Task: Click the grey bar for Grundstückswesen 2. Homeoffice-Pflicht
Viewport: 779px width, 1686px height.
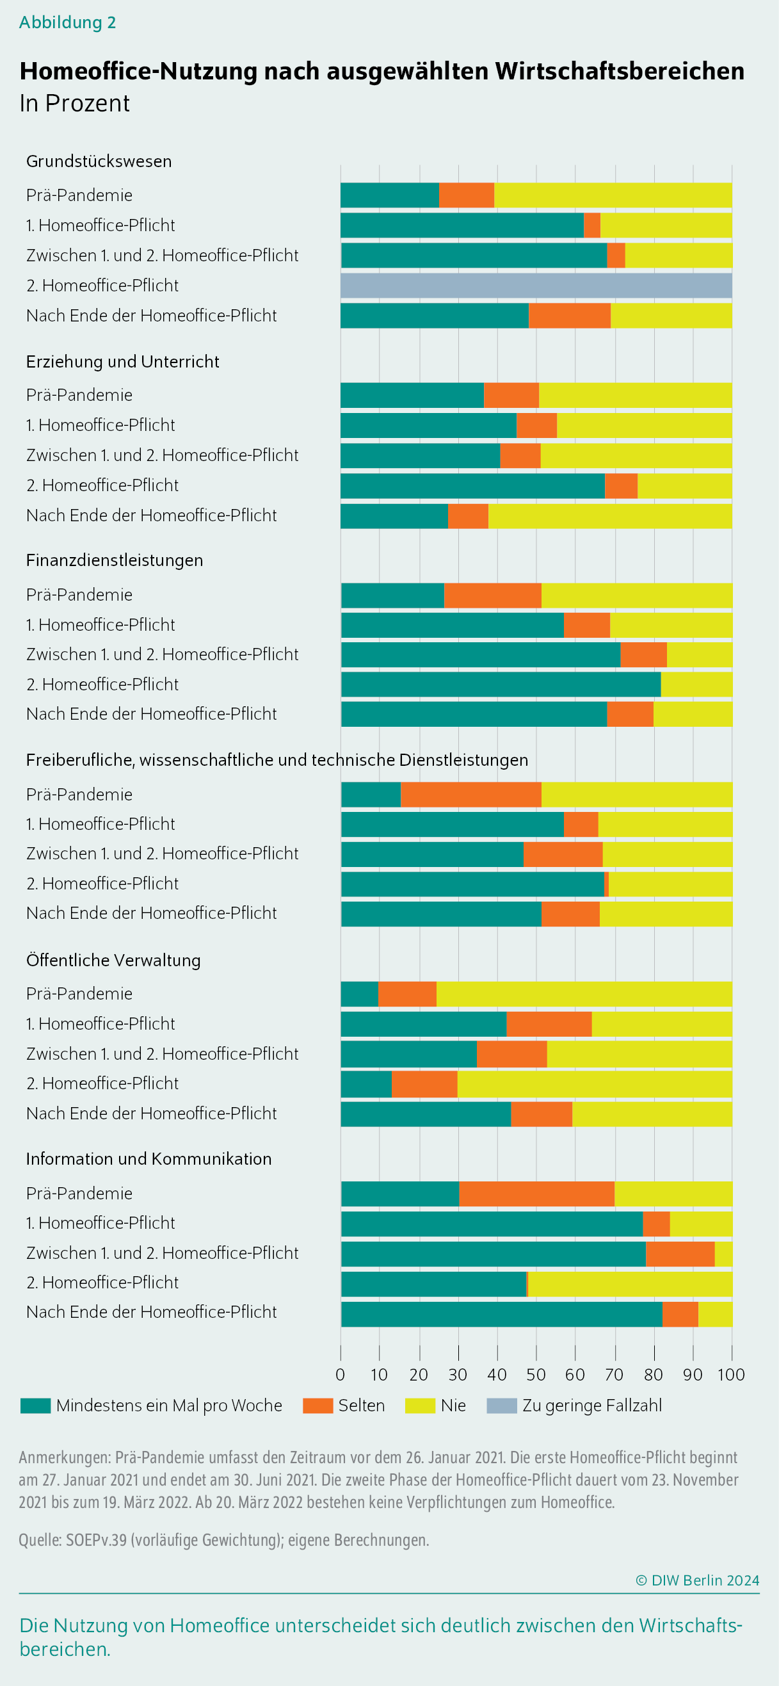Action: (536, 286)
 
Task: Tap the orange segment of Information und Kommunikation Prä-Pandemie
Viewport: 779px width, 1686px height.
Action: (537, 1193)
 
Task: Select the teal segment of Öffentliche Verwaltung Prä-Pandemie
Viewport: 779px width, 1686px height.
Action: (360, 994)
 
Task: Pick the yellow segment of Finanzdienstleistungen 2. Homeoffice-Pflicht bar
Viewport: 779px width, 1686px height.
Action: (696, 684)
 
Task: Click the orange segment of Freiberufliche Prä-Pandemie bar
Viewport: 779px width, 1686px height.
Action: (471, 794)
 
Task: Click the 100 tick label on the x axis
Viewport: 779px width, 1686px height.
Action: (731, 1374)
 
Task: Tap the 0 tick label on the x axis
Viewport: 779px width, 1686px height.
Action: (340, 1374)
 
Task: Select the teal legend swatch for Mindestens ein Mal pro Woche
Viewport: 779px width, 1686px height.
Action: (35, 1406)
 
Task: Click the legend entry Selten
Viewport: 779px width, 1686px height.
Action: (344, 1406)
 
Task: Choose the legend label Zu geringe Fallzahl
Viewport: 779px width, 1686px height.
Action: (592, 1406)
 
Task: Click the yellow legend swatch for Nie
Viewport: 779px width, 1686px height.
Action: (420, 1406)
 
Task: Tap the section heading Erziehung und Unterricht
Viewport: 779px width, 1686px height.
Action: (123, 361)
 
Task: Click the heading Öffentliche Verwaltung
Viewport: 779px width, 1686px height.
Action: (113, 960)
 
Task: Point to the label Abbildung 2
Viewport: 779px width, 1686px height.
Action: (67, 22)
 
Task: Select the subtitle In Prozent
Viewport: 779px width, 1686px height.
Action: (74, 103)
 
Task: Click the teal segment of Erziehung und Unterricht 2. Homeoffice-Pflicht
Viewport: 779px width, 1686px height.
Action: (473, 485)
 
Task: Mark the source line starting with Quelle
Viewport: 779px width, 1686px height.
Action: (223, 1540)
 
